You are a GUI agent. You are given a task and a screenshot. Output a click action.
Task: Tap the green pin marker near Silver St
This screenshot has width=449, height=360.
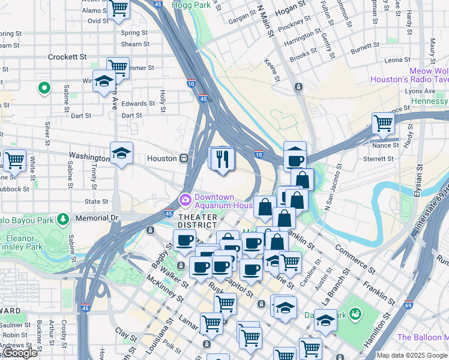[44, 89]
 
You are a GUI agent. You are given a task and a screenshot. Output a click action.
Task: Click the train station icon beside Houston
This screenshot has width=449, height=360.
[185, 158]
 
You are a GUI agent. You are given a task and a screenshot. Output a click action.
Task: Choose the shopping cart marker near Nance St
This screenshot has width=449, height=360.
[383, 123]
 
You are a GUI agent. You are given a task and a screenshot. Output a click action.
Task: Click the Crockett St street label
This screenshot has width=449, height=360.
[67, 57]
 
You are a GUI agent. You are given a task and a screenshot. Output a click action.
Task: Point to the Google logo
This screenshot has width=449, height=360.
[20, 353]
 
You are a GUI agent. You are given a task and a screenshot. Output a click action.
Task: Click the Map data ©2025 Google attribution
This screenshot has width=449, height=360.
[412, 355]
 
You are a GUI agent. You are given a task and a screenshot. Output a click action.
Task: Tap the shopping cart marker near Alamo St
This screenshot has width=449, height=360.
[119, 8]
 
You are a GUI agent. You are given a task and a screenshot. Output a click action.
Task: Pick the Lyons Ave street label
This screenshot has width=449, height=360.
[421, 91]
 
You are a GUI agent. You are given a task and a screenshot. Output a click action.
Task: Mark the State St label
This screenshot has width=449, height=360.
[96, 202]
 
